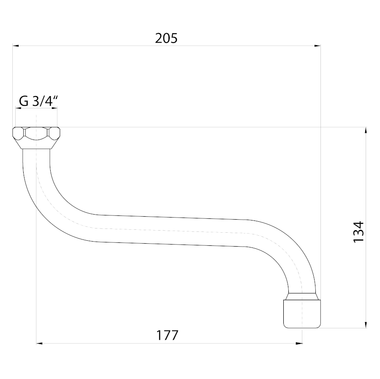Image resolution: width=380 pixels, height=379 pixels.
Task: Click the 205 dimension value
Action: point(166,38)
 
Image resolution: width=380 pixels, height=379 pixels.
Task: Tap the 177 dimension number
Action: point(167,335)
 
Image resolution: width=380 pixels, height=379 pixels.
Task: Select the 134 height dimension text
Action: point(358,231)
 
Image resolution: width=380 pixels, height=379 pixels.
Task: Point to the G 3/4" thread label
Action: point(38,101)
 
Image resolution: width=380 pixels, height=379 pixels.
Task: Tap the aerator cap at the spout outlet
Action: point(302,314)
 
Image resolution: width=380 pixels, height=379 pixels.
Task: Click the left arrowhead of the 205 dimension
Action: point(16,46)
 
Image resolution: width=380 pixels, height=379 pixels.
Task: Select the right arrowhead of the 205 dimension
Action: point(318,46)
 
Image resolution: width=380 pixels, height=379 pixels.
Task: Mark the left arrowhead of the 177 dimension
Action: point(39,343)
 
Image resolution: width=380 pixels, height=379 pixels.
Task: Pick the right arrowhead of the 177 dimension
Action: point(299,343)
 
